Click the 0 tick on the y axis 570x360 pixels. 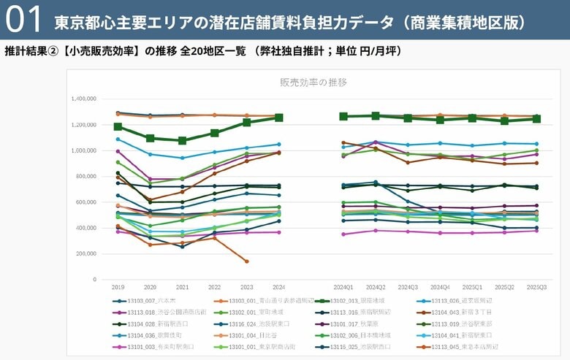tap(94, 279)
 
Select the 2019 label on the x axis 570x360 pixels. tap(118, 288)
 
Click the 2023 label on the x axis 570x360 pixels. tap(246, 288)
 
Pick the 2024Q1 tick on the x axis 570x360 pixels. tap(343, 288)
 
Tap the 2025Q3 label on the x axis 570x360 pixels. tap(536, 288)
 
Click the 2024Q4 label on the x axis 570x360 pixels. tap(440, 288)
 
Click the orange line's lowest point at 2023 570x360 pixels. tap(246, 261)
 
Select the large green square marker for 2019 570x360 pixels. tap(118, 127)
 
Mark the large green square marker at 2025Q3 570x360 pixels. tap(536, 118)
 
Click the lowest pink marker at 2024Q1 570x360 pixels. tap(343, 234)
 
